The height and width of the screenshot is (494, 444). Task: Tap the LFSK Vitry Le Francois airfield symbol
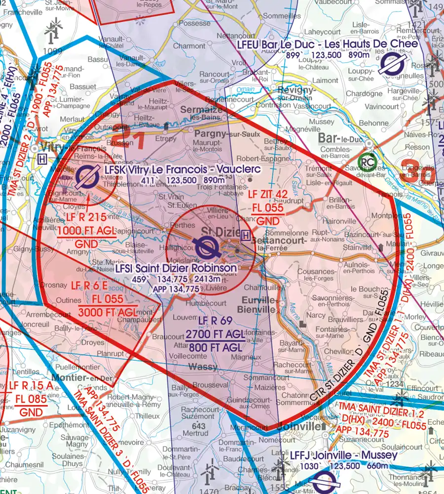click(89, 174)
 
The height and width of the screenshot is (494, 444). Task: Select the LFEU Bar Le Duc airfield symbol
click(393, 65)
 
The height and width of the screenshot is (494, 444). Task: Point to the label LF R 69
click(215, 321)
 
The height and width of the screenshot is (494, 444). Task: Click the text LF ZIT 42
click(267, 195)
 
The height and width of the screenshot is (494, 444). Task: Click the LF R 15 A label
click(28, 386)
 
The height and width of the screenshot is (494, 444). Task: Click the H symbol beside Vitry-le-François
click(42, 160)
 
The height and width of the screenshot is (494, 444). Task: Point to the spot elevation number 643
click(198, 426)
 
